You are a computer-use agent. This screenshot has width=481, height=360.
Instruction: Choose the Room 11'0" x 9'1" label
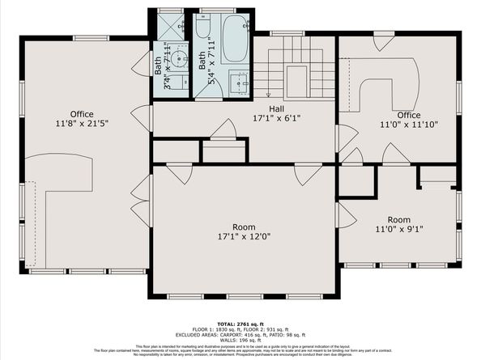coord(398,224)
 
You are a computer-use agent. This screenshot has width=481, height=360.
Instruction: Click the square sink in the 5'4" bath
coord(240,83)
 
